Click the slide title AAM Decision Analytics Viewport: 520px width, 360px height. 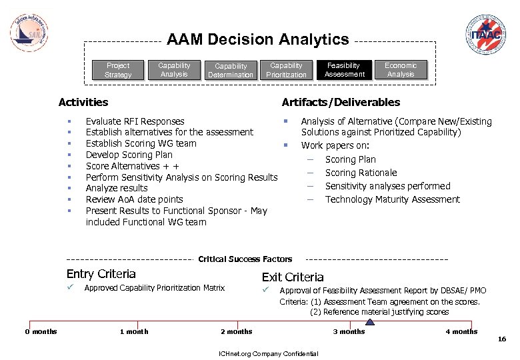258,40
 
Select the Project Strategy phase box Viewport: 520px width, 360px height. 118,70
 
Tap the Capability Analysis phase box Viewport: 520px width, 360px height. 174,70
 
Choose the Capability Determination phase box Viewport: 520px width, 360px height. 231,70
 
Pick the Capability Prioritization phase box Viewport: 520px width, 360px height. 286,70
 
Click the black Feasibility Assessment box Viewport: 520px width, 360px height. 344,70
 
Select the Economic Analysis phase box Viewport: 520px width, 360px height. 401,70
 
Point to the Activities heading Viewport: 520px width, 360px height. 83,103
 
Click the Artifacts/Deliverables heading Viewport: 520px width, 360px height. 341,103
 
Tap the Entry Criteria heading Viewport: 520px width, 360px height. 101,274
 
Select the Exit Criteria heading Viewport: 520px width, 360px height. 293,277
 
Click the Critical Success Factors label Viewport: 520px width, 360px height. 245,259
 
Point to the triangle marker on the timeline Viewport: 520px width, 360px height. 371,321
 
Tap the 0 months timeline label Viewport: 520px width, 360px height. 41,332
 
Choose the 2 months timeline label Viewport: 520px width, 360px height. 237,332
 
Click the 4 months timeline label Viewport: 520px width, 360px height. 461,332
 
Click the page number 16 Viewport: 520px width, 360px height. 502,340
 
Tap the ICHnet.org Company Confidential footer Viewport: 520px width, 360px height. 264,353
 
